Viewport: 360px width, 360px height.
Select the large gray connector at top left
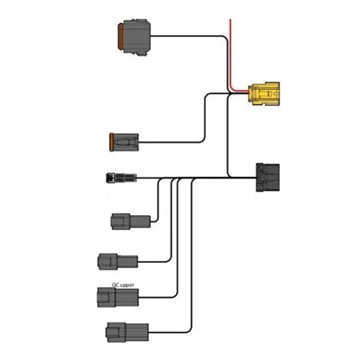[132, 41]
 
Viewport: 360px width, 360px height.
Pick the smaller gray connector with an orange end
[124, 143]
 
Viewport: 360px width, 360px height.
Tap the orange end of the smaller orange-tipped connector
[111, 143]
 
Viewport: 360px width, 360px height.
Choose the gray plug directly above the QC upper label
[116, 260]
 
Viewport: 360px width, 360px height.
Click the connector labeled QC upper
[116, 298]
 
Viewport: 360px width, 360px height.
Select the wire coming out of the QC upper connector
[159, 298]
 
